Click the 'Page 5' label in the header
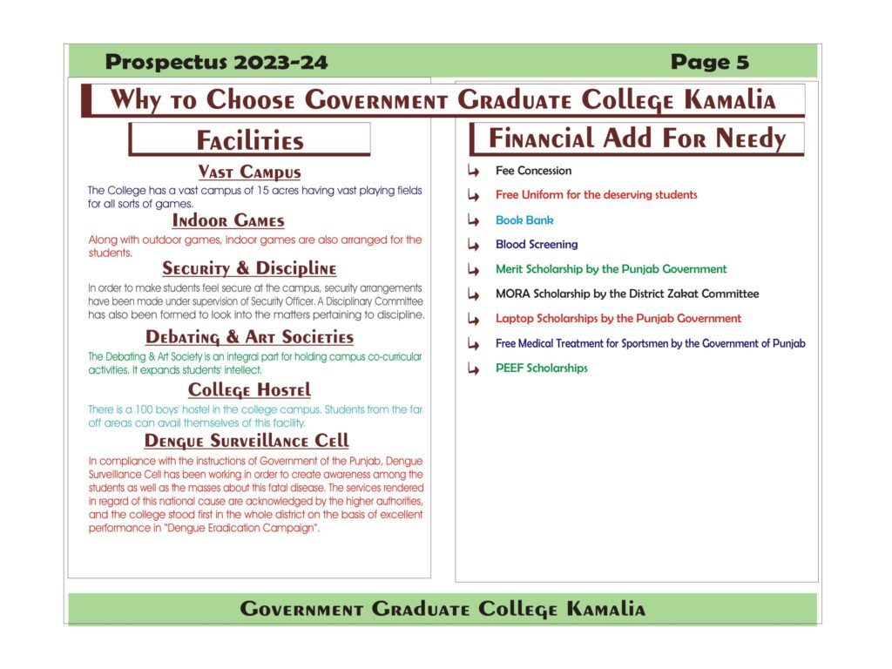(x=709, y=62)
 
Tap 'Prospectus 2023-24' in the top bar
(x=216, y=62)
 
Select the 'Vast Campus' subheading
(x=249, y=172)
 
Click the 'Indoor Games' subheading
(x=228, y=220)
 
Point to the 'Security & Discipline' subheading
(x=249, y=269)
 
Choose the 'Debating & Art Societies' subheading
(x=249, y=337)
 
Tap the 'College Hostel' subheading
(x=249, y=389)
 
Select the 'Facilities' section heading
(x=250, y=141)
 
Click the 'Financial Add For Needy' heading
(x=637, y=139)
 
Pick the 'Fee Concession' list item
(x=533, y=171)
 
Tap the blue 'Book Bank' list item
(x=524, y=220)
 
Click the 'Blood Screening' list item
(x=537, y=245)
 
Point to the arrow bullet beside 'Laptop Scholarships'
(x=474, y=319)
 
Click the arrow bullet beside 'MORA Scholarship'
(x=474, y=294)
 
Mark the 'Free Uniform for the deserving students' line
(x=596, y=195)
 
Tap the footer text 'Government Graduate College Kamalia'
(x=443, y=609)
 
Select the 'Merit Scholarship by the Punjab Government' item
(x=611, y=269)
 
